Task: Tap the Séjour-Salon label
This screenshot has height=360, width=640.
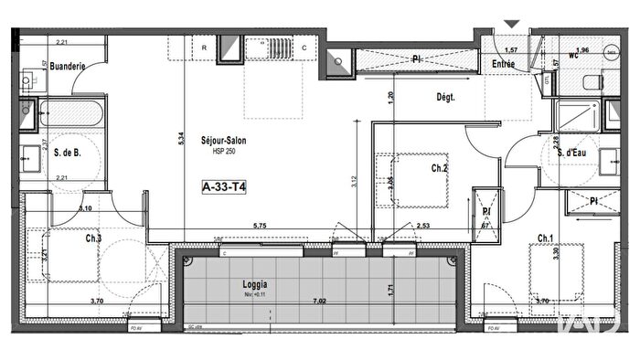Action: point(226,140)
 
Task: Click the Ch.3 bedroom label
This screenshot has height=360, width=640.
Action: point(94,239)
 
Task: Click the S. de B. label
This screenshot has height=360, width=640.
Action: point(69,153)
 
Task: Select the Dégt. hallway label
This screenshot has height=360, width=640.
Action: point(446,98)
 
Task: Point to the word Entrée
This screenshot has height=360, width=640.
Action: point(503,64)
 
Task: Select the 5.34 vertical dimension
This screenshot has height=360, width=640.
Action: point(181,140)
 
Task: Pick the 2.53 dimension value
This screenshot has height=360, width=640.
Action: point(422,225)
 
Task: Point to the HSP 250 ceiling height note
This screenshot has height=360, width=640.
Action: point(225,152)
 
